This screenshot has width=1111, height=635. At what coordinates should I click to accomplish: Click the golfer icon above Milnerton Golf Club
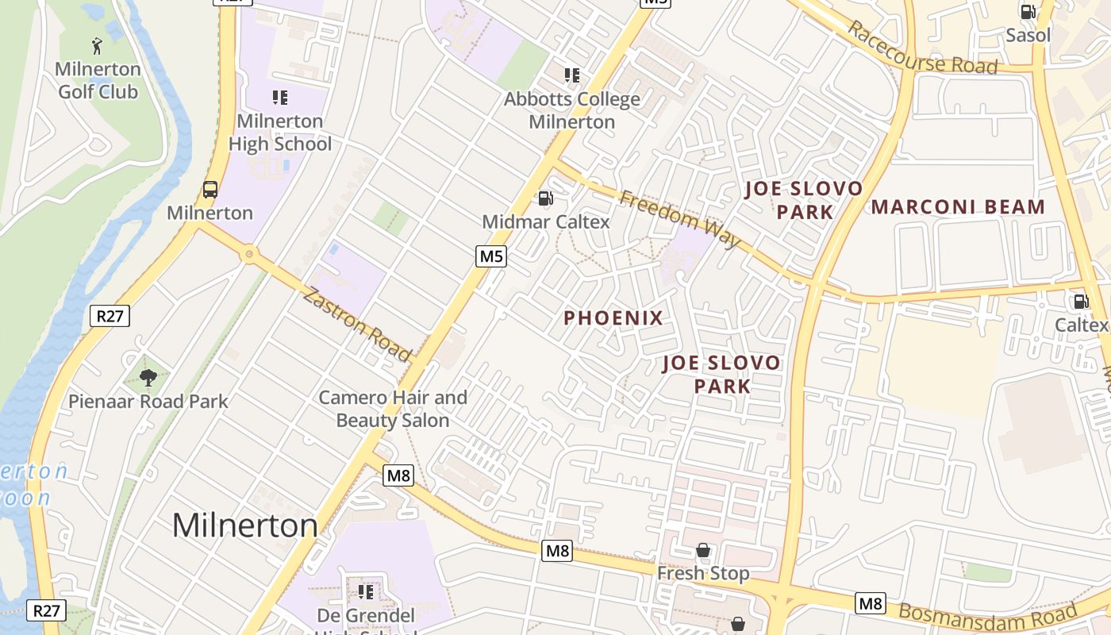[98, 44]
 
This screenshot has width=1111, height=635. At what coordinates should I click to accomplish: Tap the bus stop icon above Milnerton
[210, 190]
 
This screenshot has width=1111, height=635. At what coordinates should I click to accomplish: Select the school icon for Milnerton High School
[279, 98]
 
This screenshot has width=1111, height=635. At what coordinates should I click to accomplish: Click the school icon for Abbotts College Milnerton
[572, 75]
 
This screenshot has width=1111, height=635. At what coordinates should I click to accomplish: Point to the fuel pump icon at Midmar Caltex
[546, 198]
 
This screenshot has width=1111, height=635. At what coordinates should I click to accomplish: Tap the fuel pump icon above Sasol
[1028, 11]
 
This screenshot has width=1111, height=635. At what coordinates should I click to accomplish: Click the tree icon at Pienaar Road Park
[148, 377]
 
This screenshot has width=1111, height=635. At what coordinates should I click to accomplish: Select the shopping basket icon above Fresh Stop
[703, 550]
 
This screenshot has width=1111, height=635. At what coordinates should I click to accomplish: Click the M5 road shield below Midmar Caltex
[491, 256]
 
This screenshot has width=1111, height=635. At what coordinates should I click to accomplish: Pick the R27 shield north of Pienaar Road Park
[110, 316]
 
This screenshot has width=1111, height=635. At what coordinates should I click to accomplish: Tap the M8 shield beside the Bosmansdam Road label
[871, 603]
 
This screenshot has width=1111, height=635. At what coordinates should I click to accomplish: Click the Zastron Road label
[356, 324]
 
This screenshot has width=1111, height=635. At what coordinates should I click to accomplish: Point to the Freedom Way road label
[679, 219]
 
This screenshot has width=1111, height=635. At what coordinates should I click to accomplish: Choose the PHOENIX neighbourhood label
[613, 318]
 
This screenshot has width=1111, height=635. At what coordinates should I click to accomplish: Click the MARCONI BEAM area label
[958, 207]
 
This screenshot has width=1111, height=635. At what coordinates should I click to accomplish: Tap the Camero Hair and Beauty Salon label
[393, 409]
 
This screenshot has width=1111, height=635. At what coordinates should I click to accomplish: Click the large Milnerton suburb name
[244, 525]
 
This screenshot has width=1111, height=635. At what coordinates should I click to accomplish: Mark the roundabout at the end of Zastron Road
[250, 255]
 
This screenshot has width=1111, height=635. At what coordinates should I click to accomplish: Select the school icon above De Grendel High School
[366, 592]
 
